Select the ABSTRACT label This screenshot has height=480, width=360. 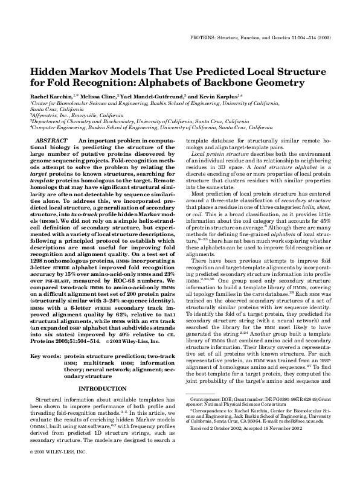pyautogui.click(x=56, y=140)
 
